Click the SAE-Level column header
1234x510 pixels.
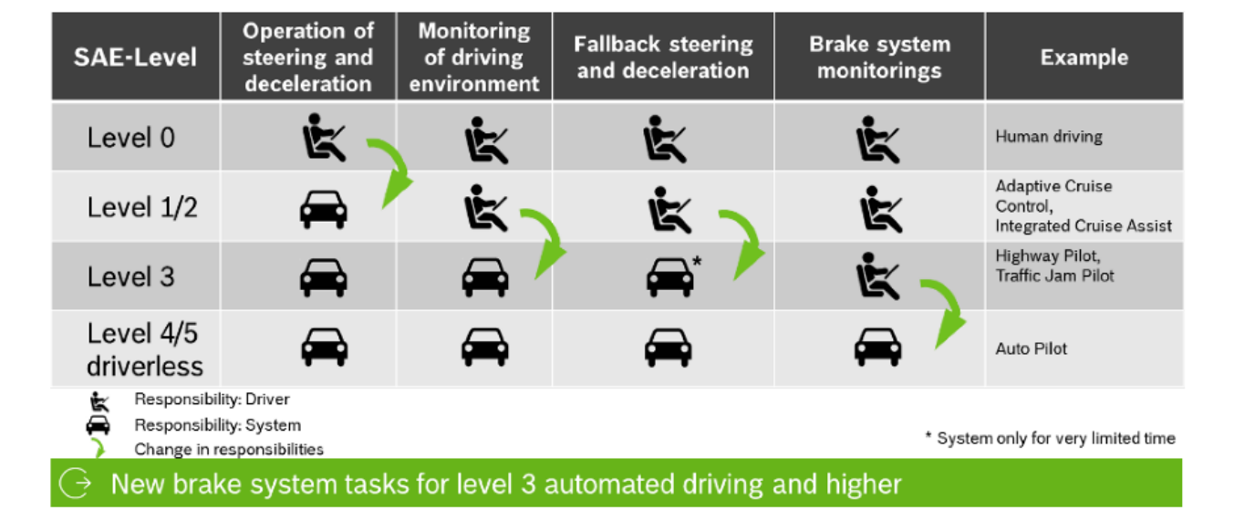pyautogui.click(x=135, y=57)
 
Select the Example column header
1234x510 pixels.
pyautogui.click(x=1084, y=57)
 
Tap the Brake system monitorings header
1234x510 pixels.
pyautogui.click(x=879, y=57)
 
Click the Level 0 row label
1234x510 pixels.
pyautogui.click(x=130, y=138)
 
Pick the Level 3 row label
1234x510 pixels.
pyautogui.click(x=130, y=276)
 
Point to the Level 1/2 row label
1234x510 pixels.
pyautogui.click(x=141, y=207)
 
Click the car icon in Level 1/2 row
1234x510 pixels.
pyautogui.click(x=323, y=209)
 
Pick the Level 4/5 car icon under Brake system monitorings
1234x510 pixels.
pyautogui.click(x=878, y=347)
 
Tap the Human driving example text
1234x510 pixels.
pyautogui.click(x=1048, y=137)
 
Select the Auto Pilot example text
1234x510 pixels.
pyautogui.click(x=1031, y=349)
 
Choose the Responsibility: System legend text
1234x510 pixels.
pyautogui.click(x=217, y=425)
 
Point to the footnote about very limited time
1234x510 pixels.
pyautogui.click(x=1050, y=438)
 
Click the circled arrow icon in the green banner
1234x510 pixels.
pyautogui.click(x=80, y=484)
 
